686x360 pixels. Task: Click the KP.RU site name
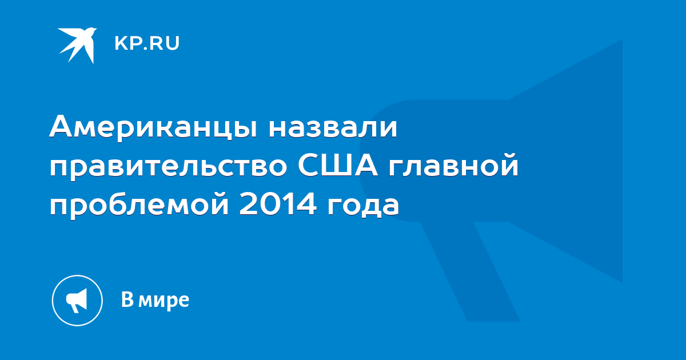click(147, 43)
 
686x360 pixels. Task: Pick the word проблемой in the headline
click(139, 205)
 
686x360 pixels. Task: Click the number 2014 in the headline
click(277, 202)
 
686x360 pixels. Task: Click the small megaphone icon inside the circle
click(77, 301)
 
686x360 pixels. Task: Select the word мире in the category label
click(164, 301)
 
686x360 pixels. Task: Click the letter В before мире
click(127, 299)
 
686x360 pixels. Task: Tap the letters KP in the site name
click(127, 43)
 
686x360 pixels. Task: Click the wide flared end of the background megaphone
click(566, 161)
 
